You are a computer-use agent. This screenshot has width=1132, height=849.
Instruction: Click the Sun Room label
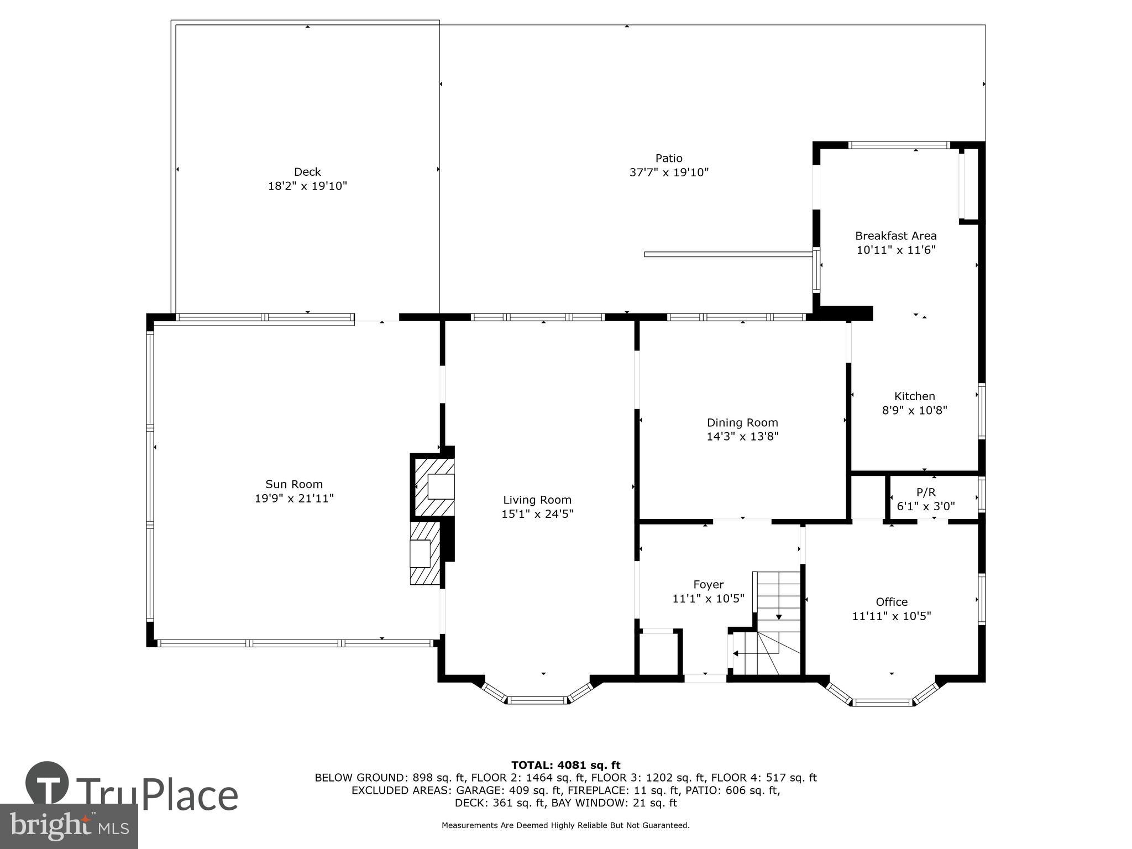click(294, 484)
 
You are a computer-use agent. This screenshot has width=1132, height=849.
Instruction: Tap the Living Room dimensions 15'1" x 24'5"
click(537, 514)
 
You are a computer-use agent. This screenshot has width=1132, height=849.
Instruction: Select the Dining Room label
click(742, 422)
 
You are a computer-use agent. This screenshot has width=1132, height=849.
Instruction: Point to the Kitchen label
click(914, 396)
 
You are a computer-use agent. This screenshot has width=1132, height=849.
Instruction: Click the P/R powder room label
click(926, 492)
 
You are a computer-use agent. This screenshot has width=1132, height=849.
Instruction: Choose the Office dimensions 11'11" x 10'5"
click(891, 616)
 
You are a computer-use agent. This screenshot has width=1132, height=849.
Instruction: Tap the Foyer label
click(708, 584)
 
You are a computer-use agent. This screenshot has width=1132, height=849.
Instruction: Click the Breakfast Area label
click(895, 235)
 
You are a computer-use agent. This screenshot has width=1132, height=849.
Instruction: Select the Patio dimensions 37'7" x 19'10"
click(669, 172)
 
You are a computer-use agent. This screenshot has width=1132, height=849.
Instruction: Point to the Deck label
click(307, 171)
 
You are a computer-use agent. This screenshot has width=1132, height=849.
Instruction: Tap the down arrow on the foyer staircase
click(779, 616)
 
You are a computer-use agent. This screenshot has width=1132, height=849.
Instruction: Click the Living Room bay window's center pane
click(538, 700)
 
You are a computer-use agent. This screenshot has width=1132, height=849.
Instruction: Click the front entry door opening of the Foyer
click(705, 678)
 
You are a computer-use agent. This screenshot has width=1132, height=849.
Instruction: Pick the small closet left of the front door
click(658, 654)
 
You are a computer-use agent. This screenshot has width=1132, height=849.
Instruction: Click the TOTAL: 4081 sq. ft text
click(565, 765)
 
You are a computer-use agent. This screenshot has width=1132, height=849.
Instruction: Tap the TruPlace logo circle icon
click(48, 783)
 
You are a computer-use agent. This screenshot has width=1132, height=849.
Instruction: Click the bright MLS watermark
click(69, 826)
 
